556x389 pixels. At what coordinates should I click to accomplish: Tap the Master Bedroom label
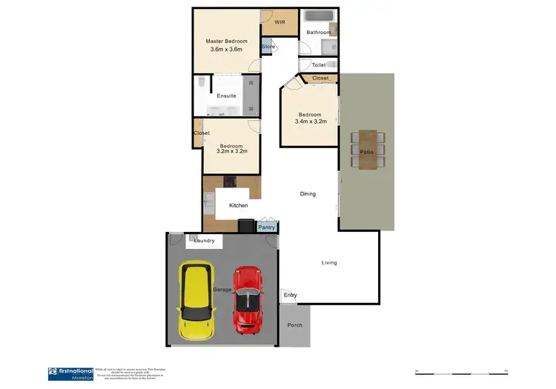click(226, 41)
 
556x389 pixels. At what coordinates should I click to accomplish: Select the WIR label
click(279, 23)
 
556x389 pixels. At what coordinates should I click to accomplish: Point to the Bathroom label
click(318, 33)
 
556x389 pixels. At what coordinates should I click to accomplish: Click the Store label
click(268, 47)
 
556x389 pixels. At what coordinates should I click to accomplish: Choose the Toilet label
click(319, 65)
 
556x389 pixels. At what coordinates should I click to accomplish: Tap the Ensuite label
click(226, 96)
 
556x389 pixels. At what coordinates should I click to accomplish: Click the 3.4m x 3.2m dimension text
click(310, 122)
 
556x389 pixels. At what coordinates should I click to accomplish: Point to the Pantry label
click(266, 227)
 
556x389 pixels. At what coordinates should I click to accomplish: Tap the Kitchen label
click(238, 205)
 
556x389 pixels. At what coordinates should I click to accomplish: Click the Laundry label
click(204, 241)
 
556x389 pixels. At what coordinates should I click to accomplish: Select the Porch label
click(295, 325)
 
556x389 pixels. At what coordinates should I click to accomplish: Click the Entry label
click(290, 296)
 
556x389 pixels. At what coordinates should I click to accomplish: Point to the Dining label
click(308, 194)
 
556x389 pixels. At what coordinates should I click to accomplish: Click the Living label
click(329, 262)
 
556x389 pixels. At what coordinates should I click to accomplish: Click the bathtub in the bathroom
click(320, 16)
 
